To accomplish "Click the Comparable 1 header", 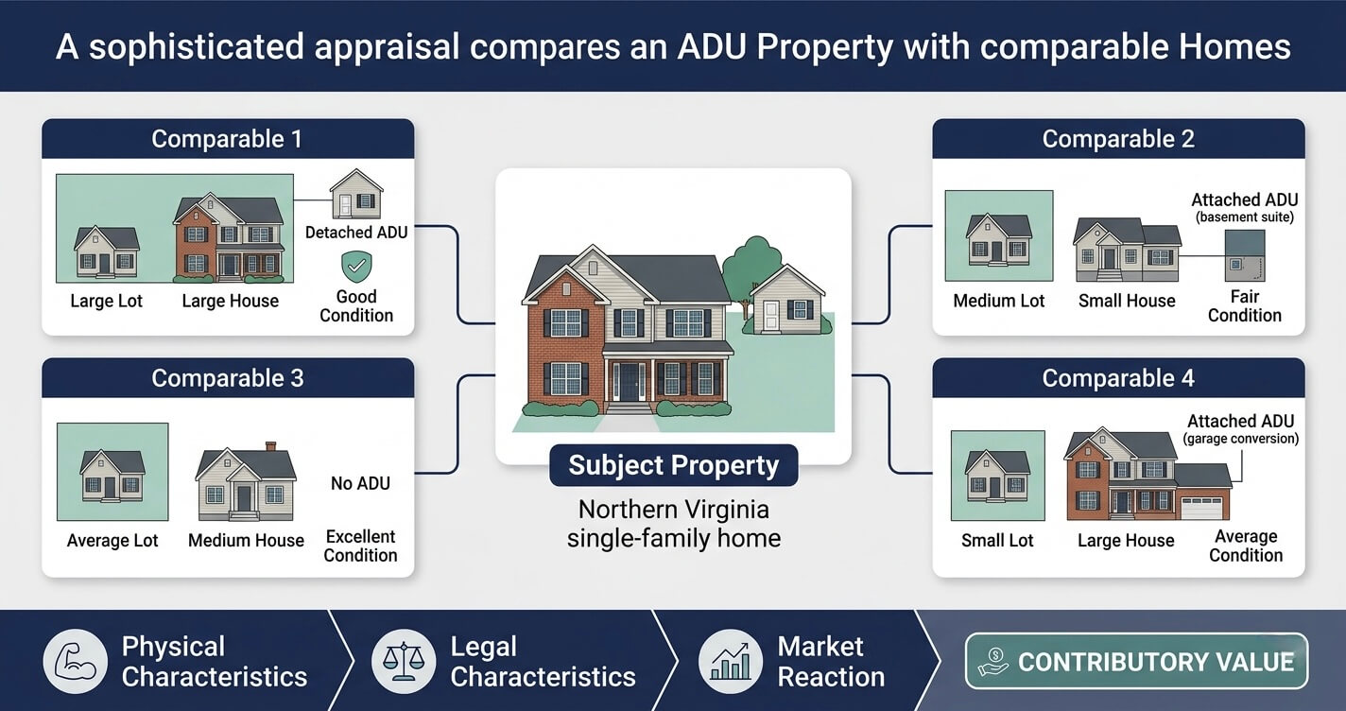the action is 228,139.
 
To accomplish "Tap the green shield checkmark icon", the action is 356,267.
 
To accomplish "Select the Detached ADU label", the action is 356,232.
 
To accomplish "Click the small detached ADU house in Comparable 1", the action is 356,194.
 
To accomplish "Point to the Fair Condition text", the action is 1245,306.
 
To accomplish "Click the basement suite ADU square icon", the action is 1245,255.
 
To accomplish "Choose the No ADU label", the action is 360,483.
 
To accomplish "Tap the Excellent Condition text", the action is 360,546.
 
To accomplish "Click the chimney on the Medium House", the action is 271,446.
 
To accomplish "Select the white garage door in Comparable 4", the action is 1201,509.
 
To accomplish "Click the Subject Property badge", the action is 674,465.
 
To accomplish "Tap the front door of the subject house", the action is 630,383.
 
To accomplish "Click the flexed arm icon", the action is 75,662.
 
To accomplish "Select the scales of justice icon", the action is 404,662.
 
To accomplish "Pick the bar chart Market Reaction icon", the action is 731,662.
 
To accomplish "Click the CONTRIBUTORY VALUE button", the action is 1136,662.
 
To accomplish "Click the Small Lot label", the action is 997,540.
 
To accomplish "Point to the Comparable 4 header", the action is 1118,378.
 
